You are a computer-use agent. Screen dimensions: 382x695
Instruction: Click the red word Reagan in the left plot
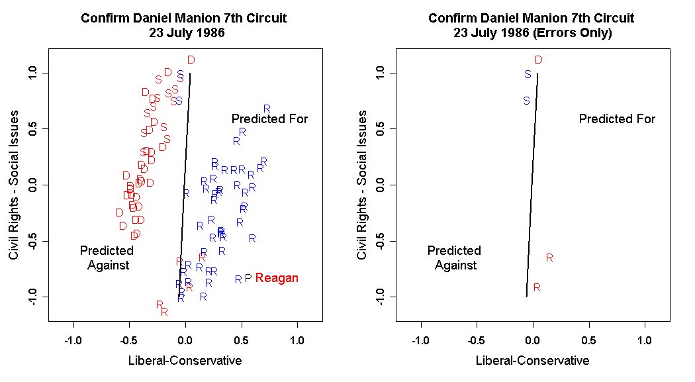click(x=277, y=279)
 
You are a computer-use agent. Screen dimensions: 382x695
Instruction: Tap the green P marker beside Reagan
click(x=248, y=279)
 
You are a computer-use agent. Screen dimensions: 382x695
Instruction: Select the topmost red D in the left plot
click(x=191, y=60)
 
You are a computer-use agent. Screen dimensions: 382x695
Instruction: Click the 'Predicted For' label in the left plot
click(x=269, y=119)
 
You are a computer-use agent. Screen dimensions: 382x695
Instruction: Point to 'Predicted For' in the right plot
click(x=617, y=119)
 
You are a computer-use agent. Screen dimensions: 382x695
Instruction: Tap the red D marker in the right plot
click(x=539, y=60)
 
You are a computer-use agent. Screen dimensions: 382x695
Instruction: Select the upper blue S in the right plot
click(x=528, y=75)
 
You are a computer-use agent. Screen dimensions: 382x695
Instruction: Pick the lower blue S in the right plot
click(x=526, y=101)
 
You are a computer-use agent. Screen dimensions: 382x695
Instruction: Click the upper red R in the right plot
click(x=549, y=258)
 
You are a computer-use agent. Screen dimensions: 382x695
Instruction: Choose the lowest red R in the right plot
click(x=537, y=287)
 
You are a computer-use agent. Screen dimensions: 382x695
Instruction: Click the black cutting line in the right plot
click(x=532, y=185)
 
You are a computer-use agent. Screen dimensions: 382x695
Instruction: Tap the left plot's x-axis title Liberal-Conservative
click(x=185, y=361)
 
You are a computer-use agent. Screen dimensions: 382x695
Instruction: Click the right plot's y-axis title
click(x=362, y=185)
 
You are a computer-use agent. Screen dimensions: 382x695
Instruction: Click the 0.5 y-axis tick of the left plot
click(x=34, y=129)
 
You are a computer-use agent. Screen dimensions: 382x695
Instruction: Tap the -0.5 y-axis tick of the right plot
click(x=382, y=242)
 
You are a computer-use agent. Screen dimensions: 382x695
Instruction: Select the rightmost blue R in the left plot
click(x=267, y=109)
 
